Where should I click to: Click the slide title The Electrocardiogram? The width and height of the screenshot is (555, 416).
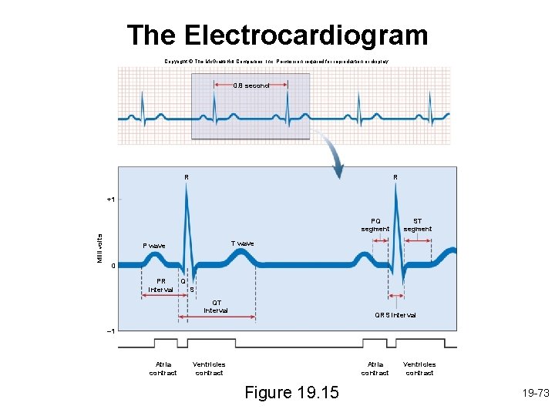pyautogui.click(x=277, y=35)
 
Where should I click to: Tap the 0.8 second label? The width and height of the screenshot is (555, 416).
pyautogui.click(x=251, y=86)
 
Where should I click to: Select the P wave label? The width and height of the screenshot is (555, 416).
pyautogui.click(x=154, y=246)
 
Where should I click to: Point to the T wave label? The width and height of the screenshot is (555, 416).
pyautogui.click(x=242, y=243)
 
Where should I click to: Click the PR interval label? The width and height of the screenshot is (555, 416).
pyautogui.click(x=160, y=285)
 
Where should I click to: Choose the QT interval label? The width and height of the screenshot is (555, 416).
pyautogui.click(x=216, y=307)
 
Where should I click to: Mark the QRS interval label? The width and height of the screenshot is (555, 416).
pyautogui.click(x=395, y=315)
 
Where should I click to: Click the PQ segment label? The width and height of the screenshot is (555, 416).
pyautogui.click(x=375, y=224)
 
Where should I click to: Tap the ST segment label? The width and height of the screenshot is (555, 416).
pyautogui.click(x=418, y=224)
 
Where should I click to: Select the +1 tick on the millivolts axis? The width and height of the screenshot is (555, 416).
pyautogui.click(x=110, y=200)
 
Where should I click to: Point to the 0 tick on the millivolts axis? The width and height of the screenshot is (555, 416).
pyautogui.click(x=113, y=266)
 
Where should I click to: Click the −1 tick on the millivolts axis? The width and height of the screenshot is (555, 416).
pyautogui.click(x=110, y=331)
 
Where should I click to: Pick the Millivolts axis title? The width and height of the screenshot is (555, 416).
pyautogui.click(x=99, y=247)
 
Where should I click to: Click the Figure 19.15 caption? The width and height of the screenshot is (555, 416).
pyautogui.click(x=291, y=393)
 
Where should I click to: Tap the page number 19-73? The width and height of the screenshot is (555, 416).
pyautogui.click(x=534, y=393)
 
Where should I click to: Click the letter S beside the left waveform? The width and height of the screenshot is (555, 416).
pyautogui.click(x=192, y=290)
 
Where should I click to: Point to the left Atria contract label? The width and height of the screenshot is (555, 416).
pyautogui.click(x=163, y=368)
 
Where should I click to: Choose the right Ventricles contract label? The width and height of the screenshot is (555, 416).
pyautogui.click(x=419, y=368)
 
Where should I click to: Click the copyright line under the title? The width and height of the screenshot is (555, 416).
pyautogui.click(x=277, y=61)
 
